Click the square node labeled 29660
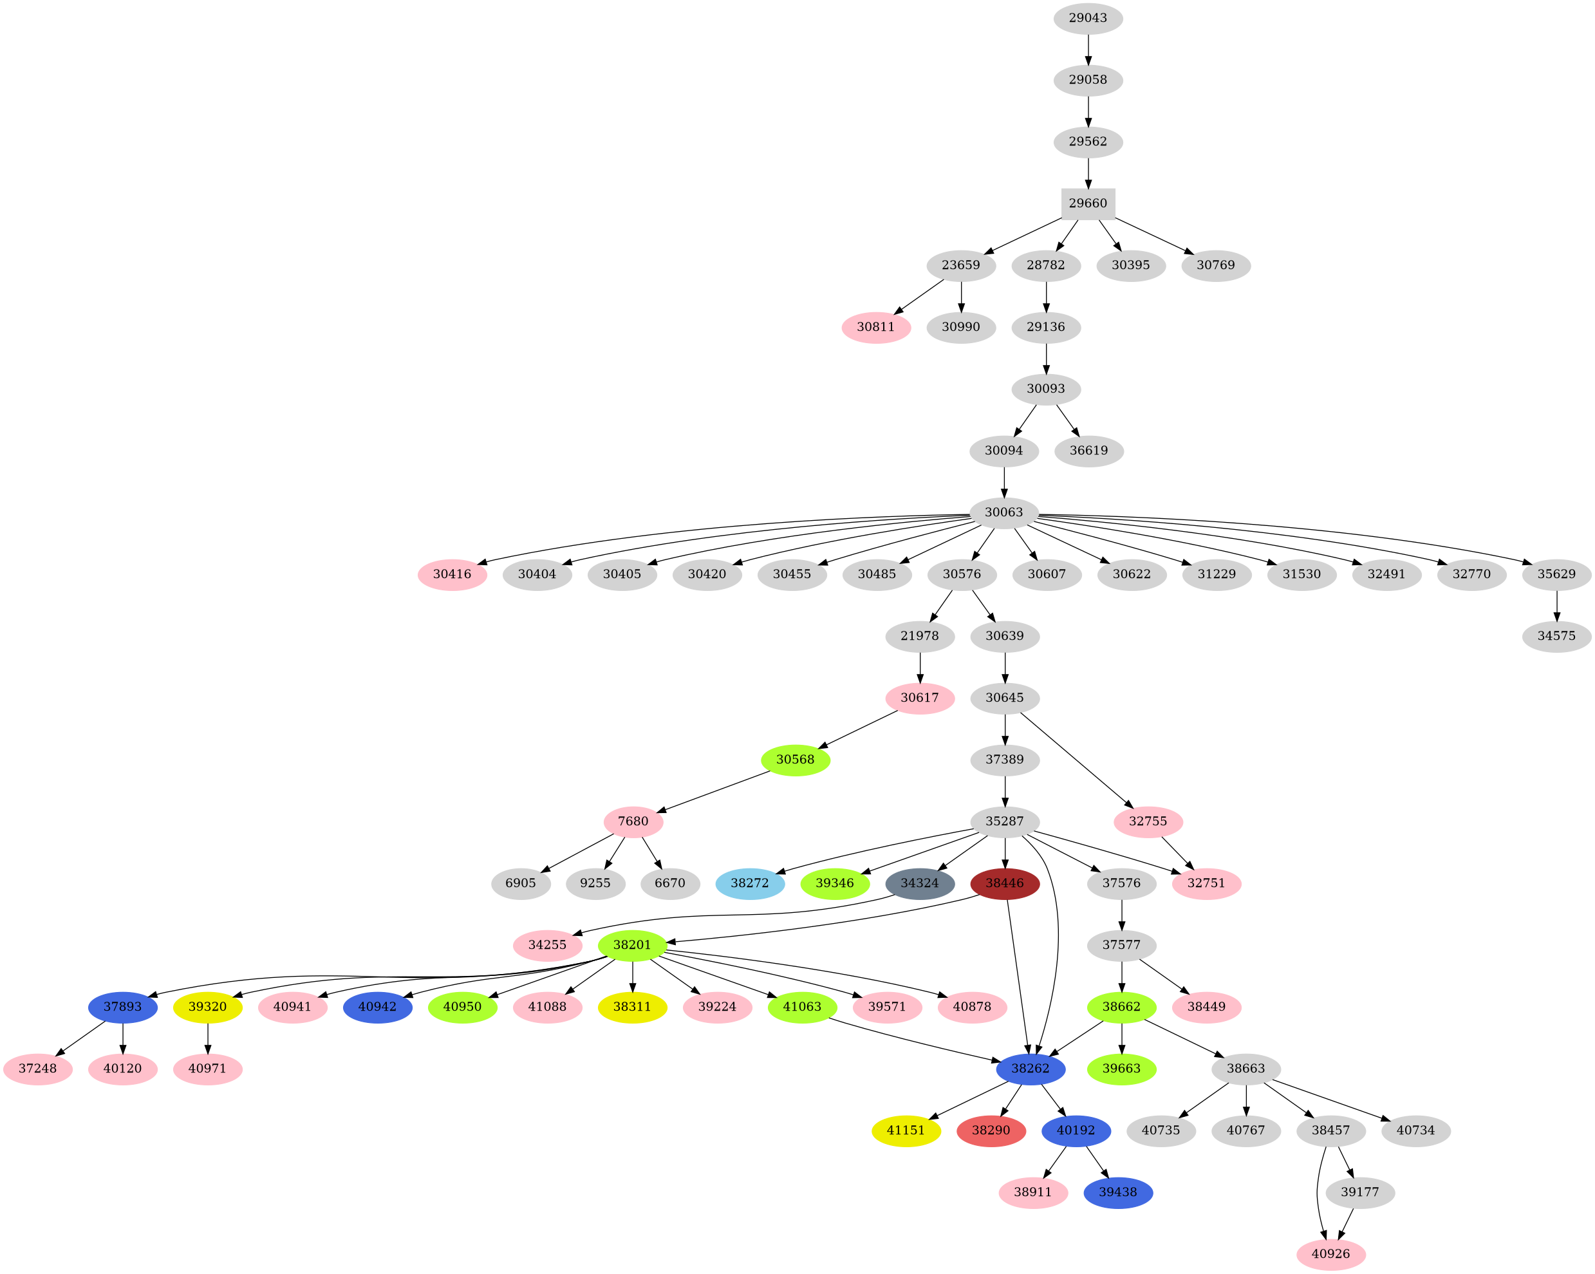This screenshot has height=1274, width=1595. point(1088,203)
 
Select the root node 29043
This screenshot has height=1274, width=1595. point(1088,18)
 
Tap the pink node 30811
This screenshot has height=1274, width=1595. point(876,327)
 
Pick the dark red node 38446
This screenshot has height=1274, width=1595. point(1004,883)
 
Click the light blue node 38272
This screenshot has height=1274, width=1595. point(749,883)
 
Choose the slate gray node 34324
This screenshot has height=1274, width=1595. point(920,883)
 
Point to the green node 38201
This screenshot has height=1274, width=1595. point(632,945)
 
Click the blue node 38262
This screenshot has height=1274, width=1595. point(1030,1069)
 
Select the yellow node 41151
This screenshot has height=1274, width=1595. point(906,1130)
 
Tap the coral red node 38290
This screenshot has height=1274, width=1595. point(991,1130)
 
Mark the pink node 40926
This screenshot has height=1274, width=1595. point(1330,1254)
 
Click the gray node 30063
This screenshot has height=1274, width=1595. point(1004,512)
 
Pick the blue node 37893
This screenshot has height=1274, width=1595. point(122,1007)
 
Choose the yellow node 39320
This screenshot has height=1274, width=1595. point(207,1007)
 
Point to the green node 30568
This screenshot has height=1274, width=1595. point(796,760)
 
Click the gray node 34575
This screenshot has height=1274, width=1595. point(1556,635)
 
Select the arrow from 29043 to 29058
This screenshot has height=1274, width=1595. point(1088,49)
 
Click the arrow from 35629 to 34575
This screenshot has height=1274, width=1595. point(1556,604)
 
